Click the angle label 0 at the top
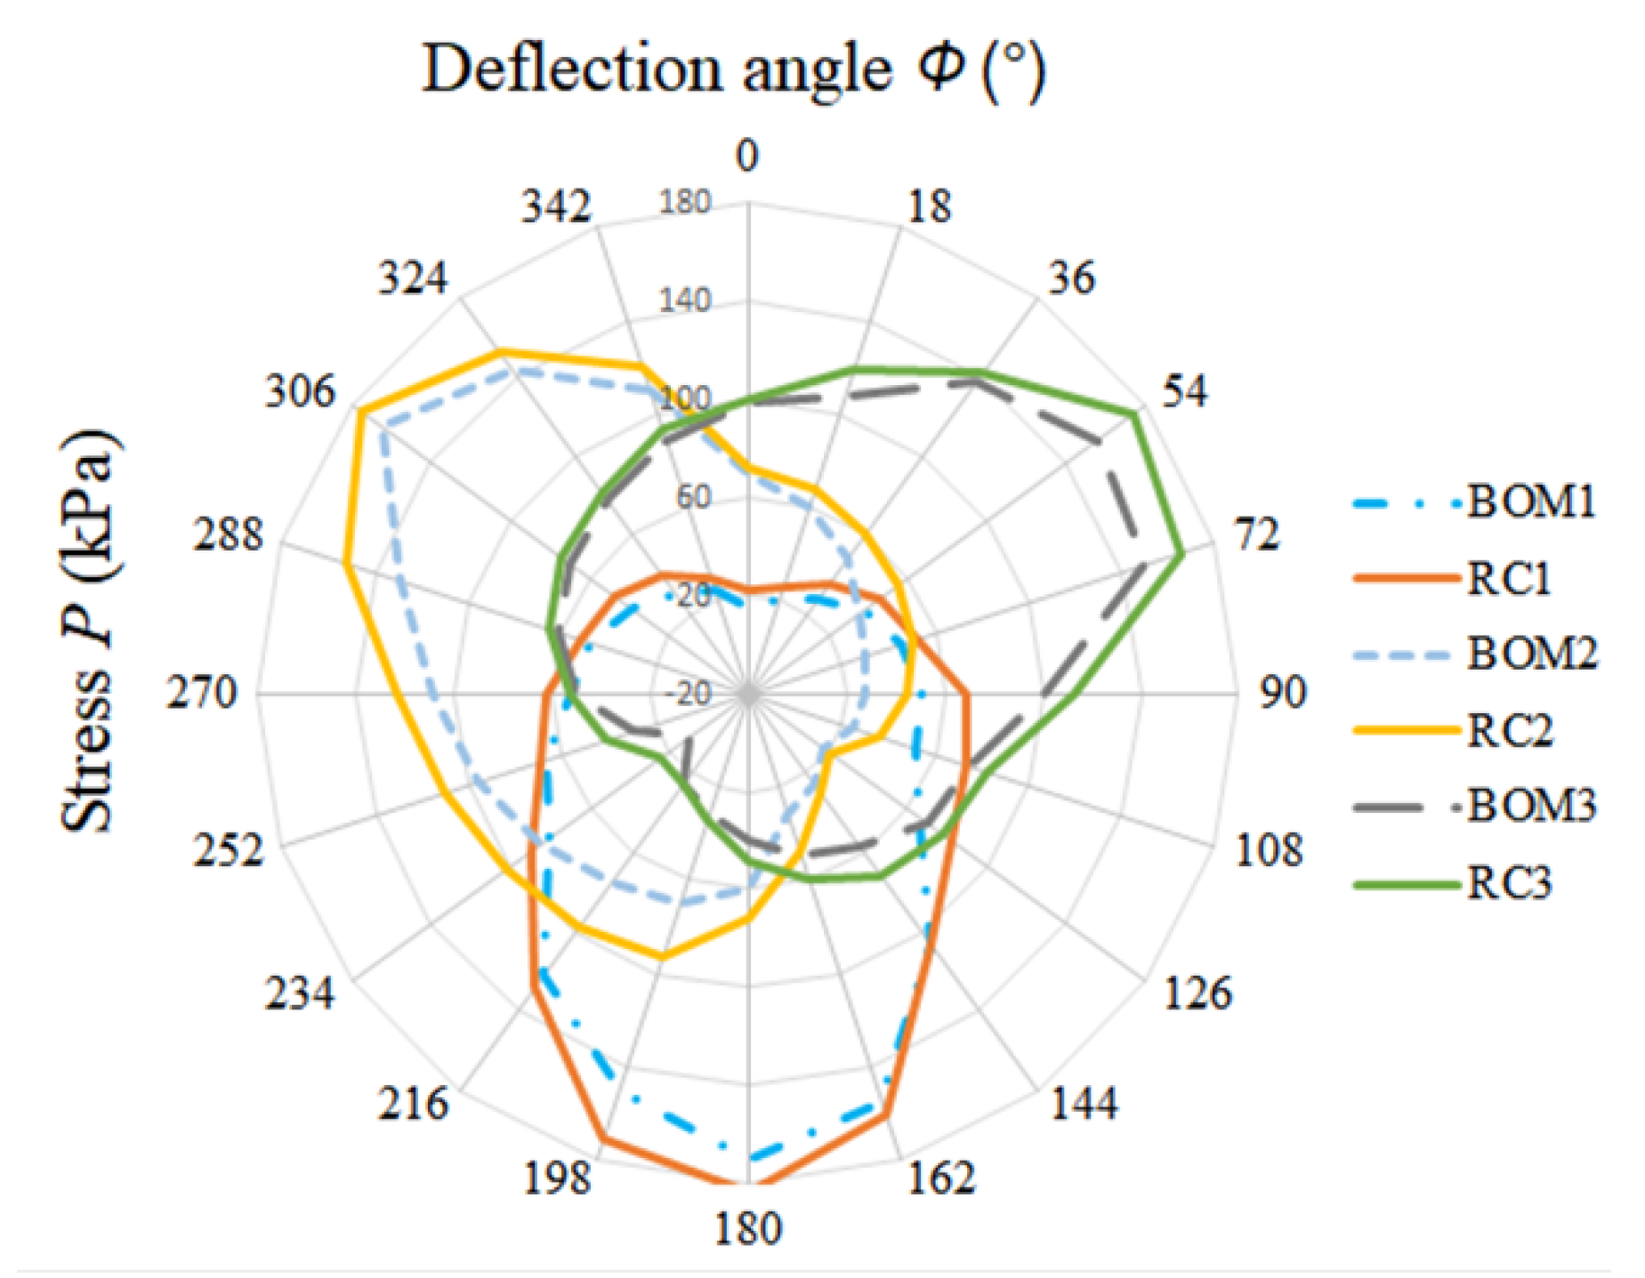747,157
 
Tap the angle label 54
1184,391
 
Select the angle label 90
1282,693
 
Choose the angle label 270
203,693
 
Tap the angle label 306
300,391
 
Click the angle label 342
556,207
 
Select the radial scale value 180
684,203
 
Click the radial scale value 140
684,301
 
